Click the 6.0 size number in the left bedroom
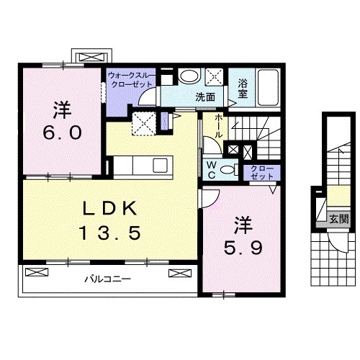click(x=62, y=133)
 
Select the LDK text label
click(x=110, y=208)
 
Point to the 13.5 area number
click(x=110, y=233)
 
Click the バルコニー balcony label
click(x=108, y=279)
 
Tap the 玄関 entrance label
click(x=338, y=219)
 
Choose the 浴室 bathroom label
click(x=243, y=89)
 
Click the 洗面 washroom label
click(x=205, y=97)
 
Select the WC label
click(x=211, y=170)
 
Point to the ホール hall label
click(x=218, y=126)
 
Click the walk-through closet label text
click(x=131, y=80)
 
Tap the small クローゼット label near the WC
click(x=261, y=173)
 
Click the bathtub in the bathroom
click(x=268, y=87)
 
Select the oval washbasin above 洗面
click(x=189, y=76)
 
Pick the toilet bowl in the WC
click(x=227, y=170)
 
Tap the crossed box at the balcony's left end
click(x=37, y=272)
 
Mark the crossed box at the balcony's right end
click(x=180, y=273)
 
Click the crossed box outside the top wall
click(x=92, y=57)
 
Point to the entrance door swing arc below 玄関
click(x=338, y=246)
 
